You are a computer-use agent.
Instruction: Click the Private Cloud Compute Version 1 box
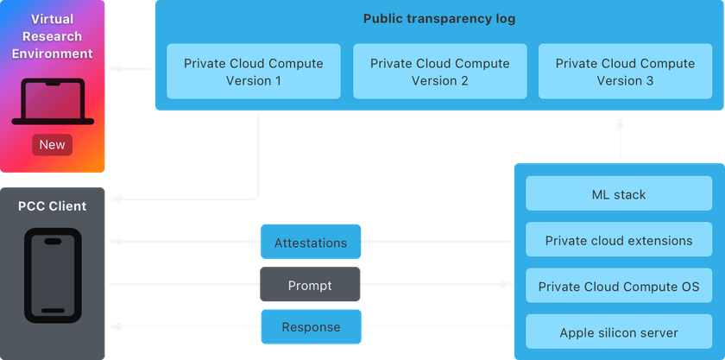(254, 72)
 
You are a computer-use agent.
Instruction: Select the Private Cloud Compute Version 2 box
(439, 72)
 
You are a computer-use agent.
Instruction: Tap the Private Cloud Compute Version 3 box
(625, 72)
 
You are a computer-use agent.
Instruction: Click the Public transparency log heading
(439, 19)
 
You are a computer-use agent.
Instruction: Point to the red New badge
(52, 144)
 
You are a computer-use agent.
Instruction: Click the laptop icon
(52, 103)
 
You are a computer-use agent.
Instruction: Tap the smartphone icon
(53, 275)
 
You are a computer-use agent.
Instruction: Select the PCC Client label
(53, 206)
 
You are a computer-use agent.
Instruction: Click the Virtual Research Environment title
(53, 36)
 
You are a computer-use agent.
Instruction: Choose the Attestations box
(310, 243)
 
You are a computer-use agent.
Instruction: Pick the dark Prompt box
(310, 286)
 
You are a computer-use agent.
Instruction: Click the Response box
(310, 327)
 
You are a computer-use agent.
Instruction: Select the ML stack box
(619, 194)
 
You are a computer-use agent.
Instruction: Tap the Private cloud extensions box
(619, 240)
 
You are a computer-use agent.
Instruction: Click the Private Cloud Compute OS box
(619, 286)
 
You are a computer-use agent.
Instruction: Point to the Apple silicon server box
(619, 332)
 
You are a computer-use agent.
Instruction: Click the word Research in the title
(53, 36)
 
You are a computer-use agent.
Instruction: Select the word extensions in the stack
(658, 240)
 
